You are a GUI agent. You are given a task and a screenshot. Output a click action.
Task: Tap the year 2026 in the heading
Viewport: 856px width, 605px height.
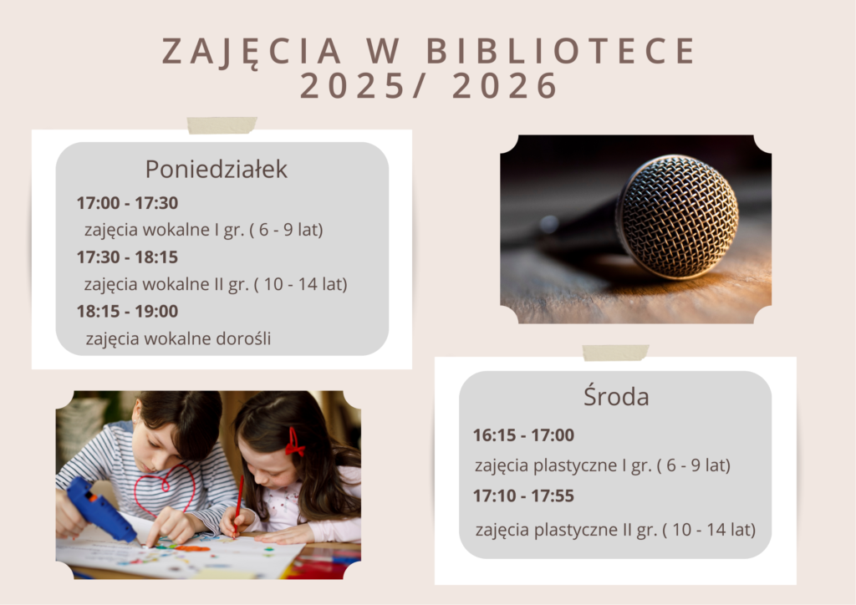click(x=505, y=86)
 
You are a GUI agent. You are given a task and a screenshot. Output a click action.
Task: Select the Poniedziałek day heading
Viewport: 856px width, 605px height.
click(x=217, y=169)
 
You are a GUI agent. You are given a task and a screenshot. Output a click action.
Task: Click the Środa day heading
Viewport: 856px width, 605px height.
click(x=616, y=397)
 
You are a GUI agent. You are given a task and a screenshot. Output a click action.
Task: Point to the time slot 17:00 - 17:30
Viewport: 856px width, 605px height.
click(x=127, y=203)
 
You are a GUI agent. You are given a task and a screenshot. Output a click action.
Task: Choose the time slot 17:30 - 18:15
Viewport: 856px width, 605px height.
click(x=127, y=257)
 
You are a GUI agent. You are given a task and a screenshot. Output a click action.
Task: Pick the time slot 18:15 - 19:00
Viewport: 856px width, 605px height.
click(x=127, y=312)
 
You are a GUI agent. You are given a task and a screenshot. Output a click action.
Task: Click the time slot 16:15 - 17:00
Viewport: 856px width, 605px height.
click(x=523, y=435)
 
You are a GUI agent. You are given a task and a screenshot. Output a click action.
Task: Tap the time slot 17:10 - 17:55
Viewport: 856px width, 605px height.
click(x=523, y=496)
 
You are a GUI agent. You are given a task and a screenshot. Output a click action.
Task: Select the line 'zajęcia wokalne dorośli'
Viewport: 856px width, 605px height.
click(x=178, y=338)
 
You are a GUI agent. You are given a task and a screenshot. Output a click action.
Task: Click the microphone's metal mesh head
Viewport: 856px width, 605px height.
click(x=677, y=216)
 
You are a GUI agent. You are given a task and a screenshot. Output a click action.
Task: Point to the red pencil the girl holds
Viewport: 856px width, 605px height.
click(x=238, y=505)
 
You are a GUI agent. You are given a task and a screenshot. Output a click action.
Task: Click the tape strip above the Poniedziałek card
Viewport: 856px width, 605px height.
click(x=222, y=125)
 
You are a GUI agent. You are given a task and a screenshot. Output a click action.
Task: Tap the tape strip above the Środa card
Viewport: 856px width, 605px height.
click(x=615, y=353)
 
